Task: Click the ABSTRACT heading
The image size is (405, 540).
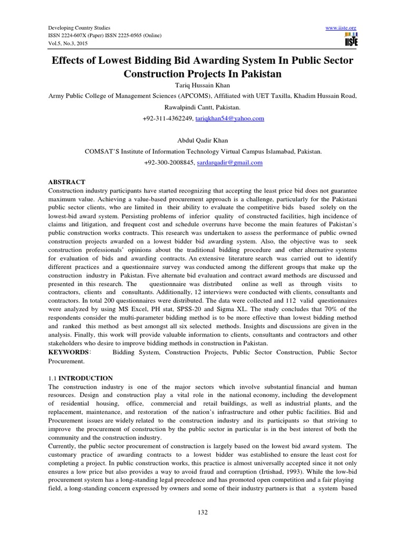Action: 66,181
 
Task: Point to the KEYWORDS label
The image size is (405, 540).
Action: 68,352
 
